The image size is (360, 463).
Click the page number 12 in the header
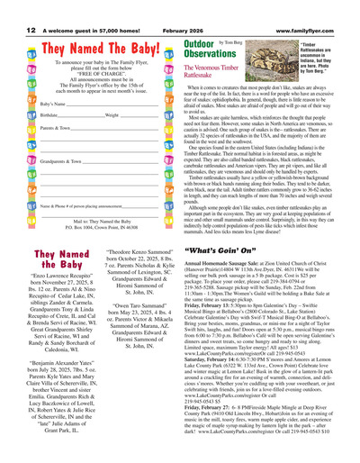coord(9,5)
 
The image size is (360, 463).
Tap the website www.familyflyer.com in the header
coord(322,5)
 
